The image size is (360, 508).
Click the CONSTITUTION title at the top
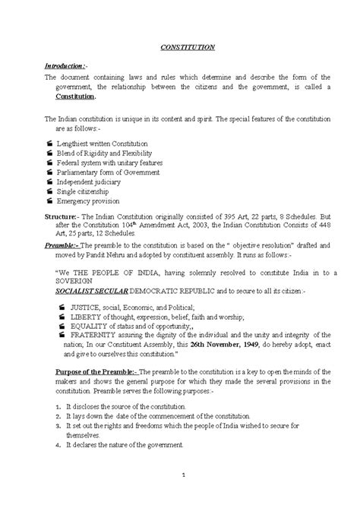click(x=188, y=47)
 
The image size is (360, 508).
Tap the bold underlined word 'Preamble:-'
click(x=62, y=246)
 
